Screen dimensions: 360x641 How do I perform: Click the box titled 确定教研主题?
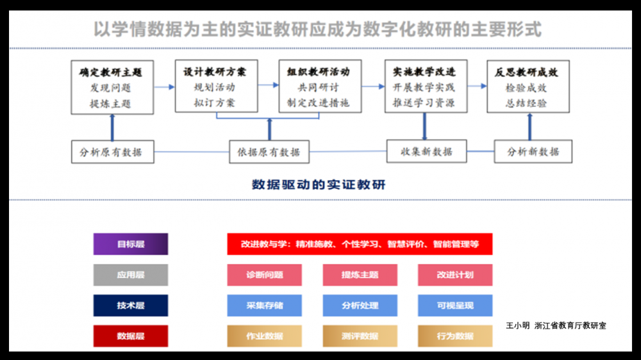point(112,87)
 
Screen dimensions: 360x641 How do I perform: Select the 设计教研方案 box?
point(216,86)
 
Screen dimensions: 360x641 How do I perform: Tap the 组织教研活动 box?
point(319,86)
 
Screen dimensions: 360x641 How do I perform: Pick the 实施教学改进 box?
point(425,86)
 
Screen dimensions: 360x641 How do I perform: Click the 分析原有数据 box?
point(112,152)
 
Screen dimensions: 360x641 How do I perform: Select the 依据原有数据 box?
point(269,152)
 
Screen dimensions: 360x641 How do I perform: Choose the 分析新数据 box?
point(533,152)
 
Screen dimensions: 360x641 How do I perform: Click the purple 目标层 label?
point(131,244)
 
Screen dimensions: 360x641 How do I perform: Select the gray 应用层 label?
point(131,275)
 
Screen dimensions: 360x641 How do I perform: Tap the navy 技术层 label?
point(131,306)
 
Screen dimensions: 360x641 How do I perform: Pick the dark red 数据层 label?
point(131,336)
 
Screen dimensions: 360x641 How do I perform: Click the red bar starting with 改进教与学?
point(360,244)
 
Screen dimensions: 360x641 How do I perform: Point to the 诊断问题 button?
point(265,275)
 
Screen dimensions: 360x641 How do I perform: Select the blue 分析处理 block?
point(360,306)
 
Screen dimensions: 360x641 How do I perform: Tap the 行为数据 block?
point(455,336)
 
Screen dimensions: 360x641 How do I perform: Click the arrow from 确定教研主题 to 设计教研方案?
point(164,86)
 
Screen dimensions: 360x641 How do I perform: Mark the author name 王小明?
point(518,325)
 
